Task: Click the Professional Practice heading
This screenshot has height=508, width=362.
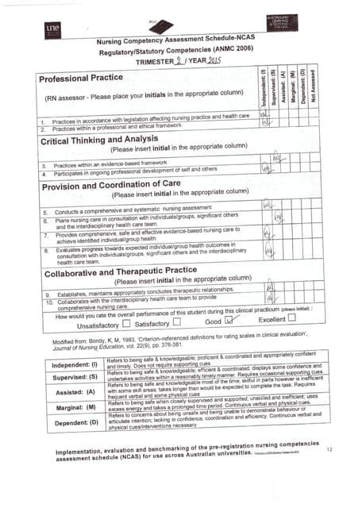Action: point(82,78)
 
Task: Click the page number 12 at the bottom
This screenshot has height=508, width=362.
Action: point(329,450)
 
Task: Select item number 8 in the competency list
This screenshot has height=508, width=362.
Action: point(45,249)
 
